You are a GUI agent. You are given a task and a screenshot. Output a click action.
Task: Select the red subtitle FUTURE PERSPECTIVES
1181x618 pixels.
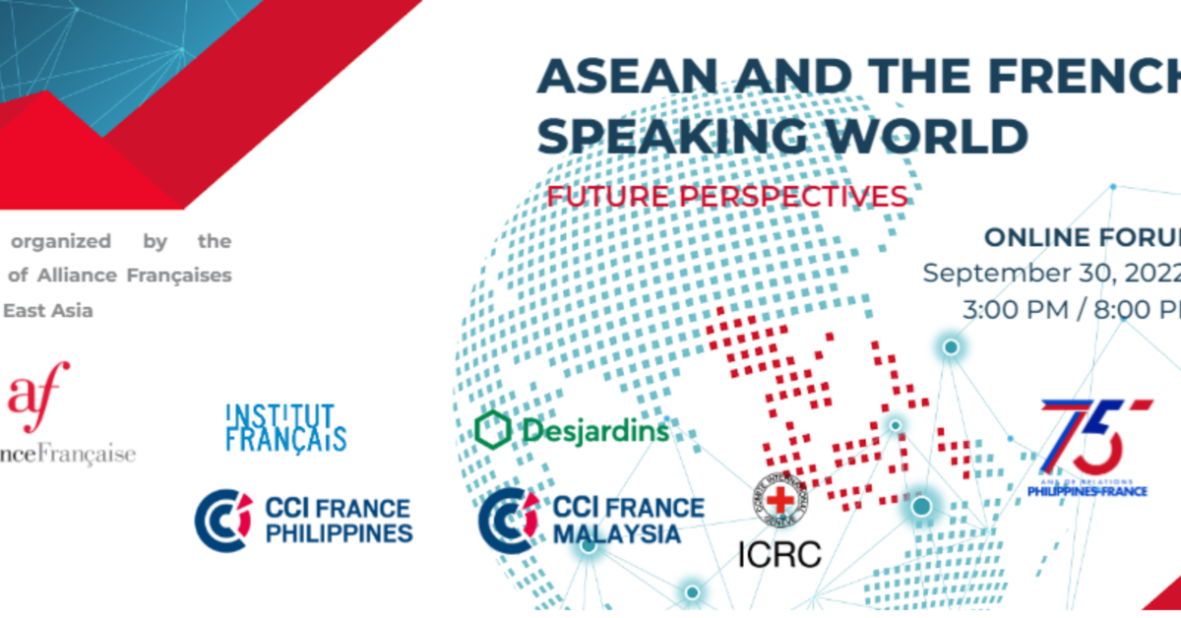tap(727, 196)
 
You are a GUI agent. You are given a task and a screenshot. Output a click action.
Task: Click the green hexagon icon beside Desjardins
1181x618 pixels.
tap(492, 430)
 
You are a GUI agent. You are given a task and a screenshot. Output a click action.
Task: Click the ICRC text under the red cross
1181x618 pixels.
tap(778, 553)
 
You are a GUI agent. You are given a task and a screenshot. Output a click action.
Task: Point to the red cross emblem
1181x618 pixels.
tap(780, 499)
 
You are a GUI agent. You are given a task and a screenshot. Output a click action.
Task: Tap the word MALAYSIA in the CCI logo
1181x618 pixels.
tap(617, 533)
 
